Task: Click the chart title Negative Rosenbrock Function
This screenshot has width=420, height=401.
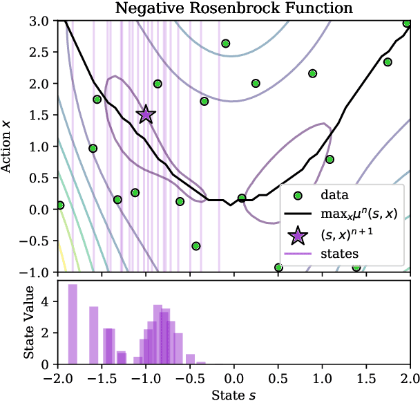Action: click(x=233, y=8)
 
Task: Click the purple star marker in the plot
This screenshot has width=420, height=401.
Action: click(x=146, y=115)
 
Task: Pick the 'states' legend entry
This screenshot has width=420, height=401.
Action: click(x=338, y=254)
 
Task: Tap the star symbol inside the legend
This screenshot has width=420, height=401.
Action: click(x=297, y=235)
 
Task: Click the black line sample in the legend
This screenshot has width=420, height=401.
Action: click(x=297, y=215)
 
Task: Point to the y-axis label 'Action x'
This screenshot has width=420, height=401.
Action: click(x=8, y=147)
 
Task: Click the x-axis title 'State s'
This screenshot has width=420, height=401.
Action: click(x=233, y=393)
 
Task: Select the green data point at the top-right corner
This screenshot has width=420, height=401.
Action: click(x=408, y=24)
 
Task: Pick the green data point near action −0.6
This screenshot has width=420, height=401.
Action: click(x=196, y=246)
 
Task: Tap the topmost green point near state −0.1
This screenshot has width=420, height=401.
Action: click(x=225, y=44)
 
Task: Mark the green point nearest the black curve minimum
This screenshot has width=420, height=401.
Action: click(x=242, y=198)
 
